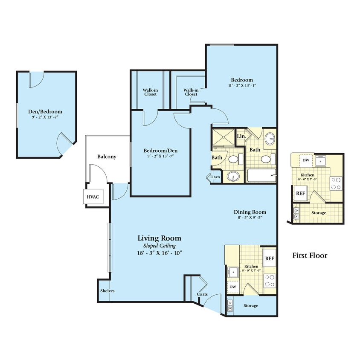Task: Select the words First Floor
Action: point(310,255)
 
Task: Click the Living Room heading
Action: point(159,238)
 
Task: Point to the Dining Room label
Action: point(250,212)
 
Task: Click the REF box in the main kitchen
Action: point(269,258)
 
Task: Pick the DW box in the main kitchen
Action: point(232,287)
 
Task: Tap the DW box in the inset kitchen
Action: point(305,160)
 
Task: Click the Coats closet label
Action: point(202,294)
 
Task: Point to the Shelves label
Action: point(107,291)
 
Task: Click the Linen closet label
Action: point(215,177)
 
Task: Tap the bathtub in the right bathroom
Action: point(261,176)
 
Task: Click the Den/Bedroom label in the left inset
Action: point(45,111)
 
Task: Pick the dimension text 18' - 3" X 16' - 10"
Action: point(159,253)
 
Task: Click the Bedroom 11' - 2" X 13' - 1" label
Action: point(242,80)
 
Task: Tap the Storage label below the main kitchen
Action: point(251,306)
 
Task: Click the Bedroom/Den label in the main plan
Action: point(160,151)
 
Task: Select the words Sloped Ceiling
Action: point(159,246)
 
